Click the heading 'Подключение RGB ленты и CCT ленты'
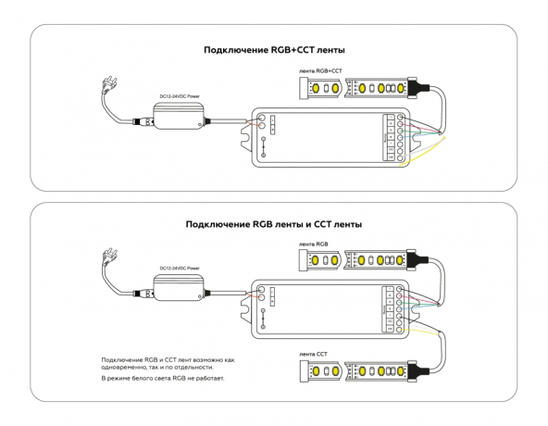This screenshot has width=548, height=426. click(273, 224)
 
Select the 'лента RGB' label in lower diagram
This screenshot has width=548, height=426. click(314, 244)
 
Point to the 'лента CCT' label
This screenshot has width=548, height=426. click(314, 354)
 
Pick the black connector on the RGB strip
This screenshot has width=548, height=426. click(417, 262)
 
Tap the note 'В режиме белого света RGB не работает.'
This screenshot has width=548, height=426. click(163, 379)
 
